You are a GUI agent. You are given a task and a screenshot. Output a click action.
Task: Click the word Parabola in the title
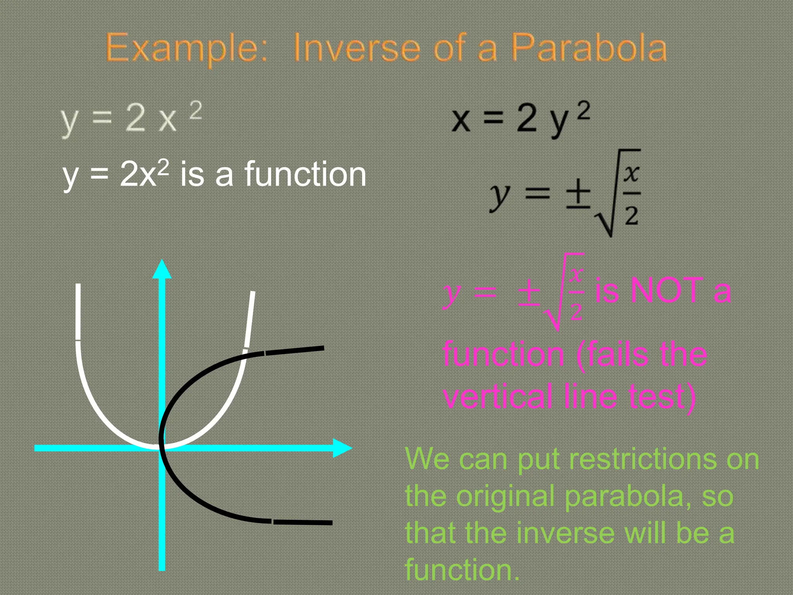tap(589, 48)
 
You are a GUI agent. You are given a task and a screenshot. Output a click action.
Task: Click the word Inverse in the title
tap(357, 48)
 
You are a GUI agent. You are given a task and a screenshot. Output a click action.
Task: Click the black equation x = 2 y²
tap(520, 118)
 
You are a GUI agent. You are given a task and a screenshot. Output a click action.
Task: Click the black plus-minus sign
tap(578, 194)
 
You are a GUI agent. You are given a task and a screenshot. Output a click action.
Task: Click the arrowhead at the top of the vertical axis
tap(162, 269)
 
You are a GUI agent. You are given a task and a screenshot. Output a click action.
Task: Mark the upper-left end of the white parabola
tap(78, 286)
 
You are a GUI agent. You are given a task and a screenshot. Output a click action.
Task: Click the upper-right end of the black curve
tap(322, 348)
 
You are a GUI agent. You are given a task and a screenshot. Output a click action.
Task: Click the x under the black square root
tap(631, 173)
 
